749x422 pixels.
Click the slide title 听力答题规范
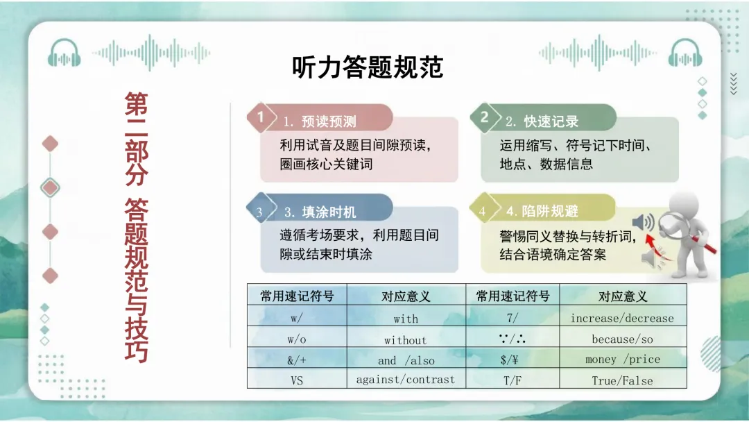(367, 68)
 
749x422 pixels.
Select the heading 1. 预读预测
(320, 121)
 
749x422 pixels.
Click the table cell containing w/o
(297, 340)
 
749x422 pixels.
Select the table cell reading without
(406, 340)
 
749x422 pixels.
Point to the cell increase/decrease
(622, 319)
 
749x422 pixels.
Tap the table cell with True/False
(622, 380)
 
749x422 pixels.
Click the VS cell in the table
(297, 380)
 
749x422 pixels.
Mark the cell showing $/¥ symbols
(513, 360)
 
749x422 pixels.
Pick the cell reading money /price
(622, 360)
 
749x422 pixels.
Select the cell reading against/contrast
(406, 380)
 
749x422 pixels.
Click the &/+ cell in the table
(297, 360)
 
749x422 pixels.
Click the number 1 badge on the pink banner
(261, 117)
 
